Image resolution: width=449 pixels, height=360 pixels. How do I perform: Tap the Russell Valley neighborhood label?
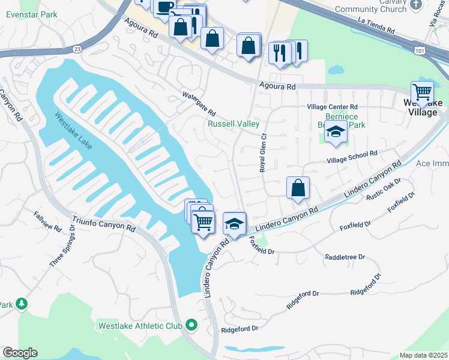point(234,124)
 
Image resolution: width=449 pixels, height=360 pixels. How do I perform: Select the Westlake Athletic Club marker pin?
point(192,326)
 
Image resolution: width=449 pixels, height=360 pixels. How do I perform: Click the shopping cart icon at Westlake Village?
point(423,92)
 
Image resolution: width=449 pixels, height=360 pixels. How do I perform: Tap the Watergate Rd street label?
point(199,103)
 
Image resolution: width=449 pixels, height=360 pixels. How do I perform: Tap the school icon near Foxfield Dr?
point(235,224)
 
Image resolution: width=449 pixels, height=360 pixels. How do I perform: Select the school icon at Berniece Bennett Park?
point(336,131)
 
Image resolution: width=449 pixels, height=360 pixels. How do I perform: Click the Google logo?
point(20,353)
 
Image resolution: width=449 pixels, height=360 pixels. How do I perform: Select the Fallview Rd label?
point(47,221)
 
